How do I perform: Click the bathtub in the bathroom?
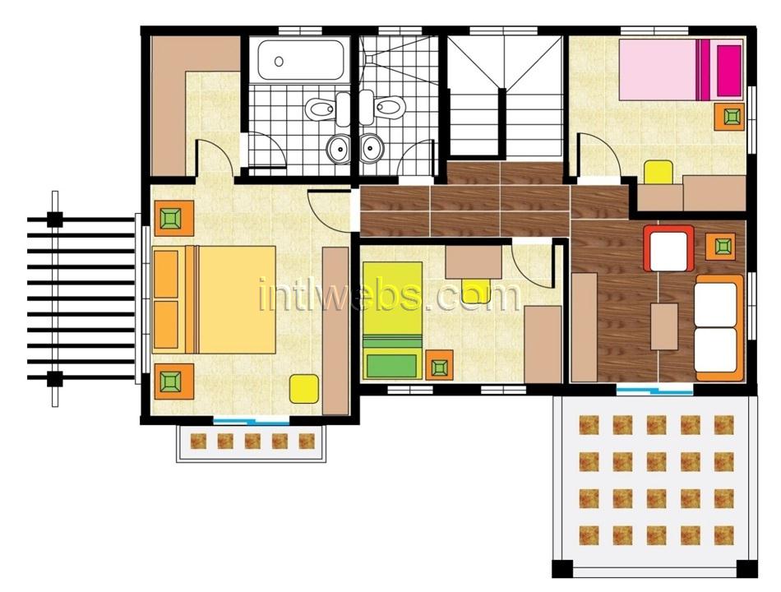[300, 60]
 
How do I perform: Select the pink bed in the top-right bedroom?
[682, 70]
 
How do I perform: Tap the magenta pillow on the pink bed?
[729, 70]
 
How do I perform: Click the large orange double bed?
[215, 299]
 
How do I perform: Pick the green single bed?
[392, 321]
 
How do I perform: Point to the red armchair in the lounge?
[669, 248]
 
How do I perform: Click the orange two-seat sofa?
[719, 327]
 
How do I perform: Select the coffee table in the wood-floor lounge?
[664, 326]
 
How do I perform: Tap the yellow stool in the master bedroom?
[304, 389]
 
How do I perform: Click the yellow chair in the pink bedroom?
[659, 172]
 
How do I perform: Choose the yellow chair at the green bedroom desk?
[476, 291]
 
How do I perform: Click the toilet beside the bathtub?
[326, 109]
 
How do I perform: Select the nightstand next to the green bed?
[439, 365]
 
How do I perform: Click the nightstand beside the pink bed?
[731, 117]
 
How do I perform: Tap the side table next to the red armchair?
[722, 246]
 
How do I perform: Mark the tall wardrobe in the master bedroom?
[335, 331]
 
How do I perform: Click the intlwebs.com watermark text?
[390, 295]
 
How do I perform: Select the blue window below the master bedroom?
[251, 421]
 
